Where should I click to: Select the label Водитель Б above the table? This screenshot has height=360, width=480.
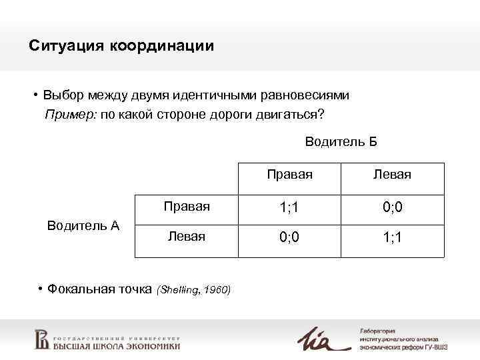[x=341, y=141]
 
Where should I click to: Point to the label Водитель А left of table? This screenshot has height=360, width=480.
[x=83, y=225]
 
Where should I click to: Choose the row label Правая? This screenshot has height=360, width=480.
[x=187, y=207]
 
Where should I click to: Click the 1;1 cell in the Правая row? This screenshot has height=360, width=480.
[x=290, y=208]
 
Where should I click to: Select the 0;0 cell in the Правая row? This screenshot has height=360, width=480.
[x=393, y=208]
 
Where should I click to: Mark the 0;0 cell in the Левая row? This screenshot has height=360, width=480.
[x=290, y=237]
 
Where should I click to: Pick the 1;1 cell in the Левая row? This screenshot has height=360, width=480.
[x=393, y=237]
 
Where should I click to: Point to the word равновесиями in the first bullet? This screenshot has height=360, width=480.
[x=305, y=95]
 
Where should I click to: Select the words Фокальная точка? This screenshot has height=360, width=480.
[x=101, y=289]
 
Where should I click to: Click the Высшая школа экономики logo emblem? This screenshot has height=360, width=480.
[x=41, y=339]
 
